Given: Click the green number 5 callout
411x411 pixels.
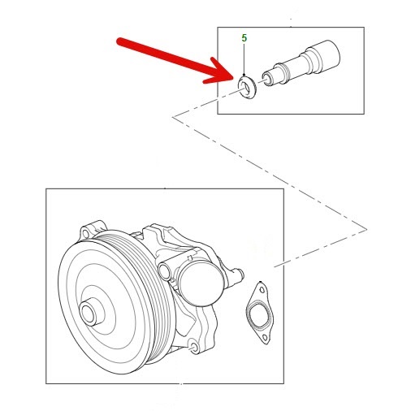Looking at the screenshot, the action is (244, 38).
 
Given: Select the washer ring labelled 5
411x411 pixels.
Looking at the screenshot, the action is (246, 88).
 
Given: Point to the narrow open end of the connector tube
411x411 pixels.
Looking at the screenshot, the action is (266, 78).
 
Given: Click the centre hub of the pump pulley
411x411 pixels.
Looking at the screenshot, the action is (89, 313).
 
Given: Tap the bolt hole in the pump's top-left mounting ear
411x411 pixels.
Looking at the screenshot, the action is (85, 233).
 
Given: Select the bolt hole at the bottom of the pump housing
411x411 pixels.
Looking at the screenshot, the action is (194, 347).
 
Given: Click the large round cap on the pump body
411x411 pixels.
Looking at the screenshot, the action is (201, 283).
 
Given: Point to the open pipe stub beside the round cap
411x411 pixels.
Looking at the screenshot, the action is (165, 270).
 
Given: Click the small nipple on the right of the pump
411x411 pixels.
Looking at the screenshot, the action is (239, 274).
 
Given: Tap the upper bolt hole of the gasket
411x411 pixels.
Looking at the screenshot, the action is (262, 290).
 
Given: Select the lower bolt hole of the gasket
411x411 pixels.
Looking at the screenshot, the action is (265, 337).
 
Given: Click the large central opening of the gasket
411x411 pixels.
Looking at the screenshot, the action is (258, 314).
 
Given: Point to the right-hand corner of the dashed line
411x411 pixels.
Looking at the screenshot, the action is (366, 229).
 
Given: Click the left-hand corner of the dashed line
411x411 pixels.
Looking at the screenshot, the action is (174, 117).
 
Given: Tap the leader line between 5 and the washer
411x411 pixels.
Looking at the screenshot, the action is (244, 59).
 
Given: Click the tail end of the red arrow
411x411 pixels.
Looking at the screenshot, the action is (119, 41).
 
